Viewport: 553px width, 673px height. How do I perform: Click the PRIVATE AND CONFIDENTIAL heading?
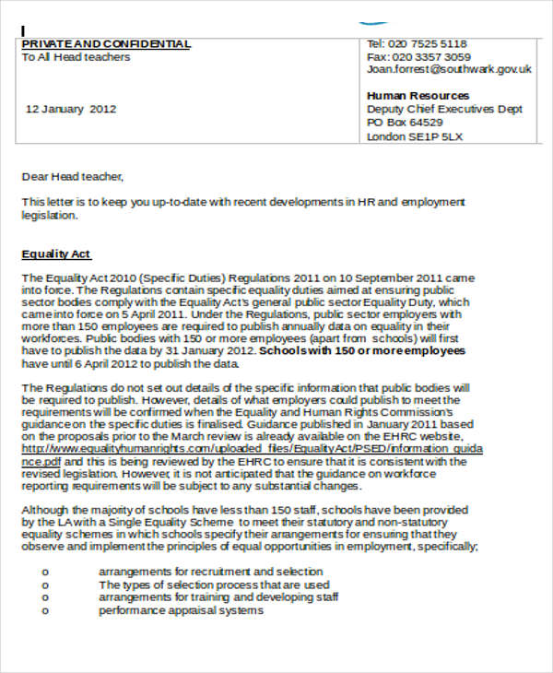click(106, 43)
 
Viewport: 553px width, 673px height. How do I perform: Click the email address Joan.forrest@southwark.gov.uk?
click(449, 69)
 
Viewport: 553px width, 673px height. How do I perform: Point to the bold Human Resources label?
click(418, 96)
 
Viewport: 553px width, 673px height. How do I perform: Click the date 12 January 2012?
click(71, 109)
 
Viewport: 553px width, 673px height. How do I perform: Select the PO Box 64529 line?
click(405, 123)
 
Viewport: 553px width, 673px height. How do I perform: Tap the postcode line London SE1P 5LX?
click(415, 136)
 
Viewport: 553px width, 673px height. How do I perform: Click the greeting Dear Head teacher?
click(72, 175)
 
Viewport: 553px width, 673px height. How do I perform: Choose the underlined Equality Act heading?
click(56, 254)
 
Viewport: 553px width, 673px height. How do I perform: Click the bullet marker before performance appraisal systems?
click(45, 610)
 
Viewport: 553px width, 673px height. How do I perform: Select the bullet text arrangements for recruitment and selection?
click(210, 572)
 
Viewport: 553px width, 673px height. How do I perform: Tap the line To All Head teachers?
click(76, 57)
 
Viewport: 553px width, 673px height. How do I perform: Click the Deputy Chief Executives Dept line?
click(444, 110)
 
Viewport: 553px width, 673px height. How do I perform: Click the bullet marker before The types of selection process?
click(45, 584)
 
